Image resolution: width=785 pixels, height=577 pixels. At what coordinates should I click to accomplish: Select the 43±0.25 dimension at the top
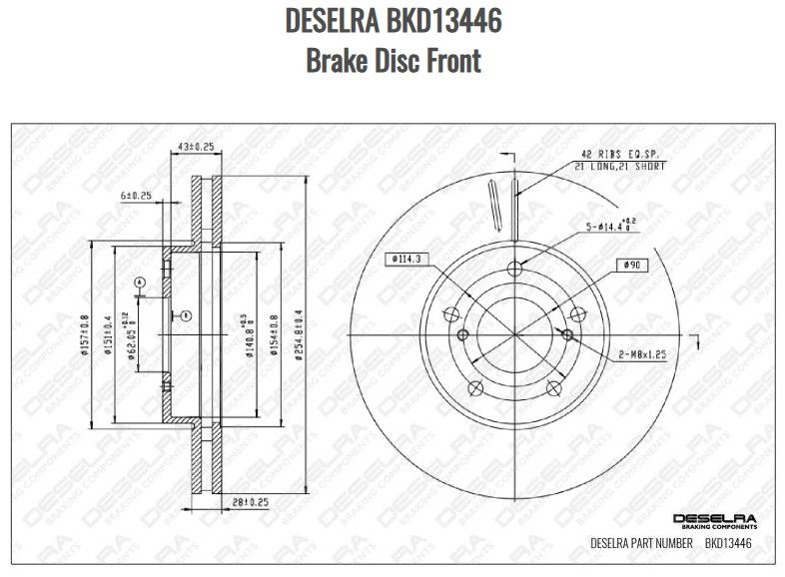pyautogui.click(x=196, y=147)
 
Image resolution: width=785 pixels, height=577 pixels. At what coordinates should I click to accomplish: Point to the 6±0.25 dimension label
pyautogui.click(x=136, y=196)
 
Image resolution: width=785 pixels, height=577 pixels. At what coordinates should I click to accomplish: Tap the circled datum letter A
pyautogui.click(x=140, y=283)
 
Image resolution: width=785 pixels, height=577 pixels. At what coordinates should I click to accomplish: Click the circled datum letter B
pyautogui.click(x=186, y=315)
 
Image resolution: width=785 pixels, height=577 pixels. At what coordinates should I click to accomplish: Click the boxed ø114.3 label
pyautogui.click(x=405, y=260)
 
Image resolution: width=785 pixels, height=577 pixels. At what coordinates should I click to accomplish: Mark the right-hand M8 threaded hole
pyautogui.click(x=567, y=333)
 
